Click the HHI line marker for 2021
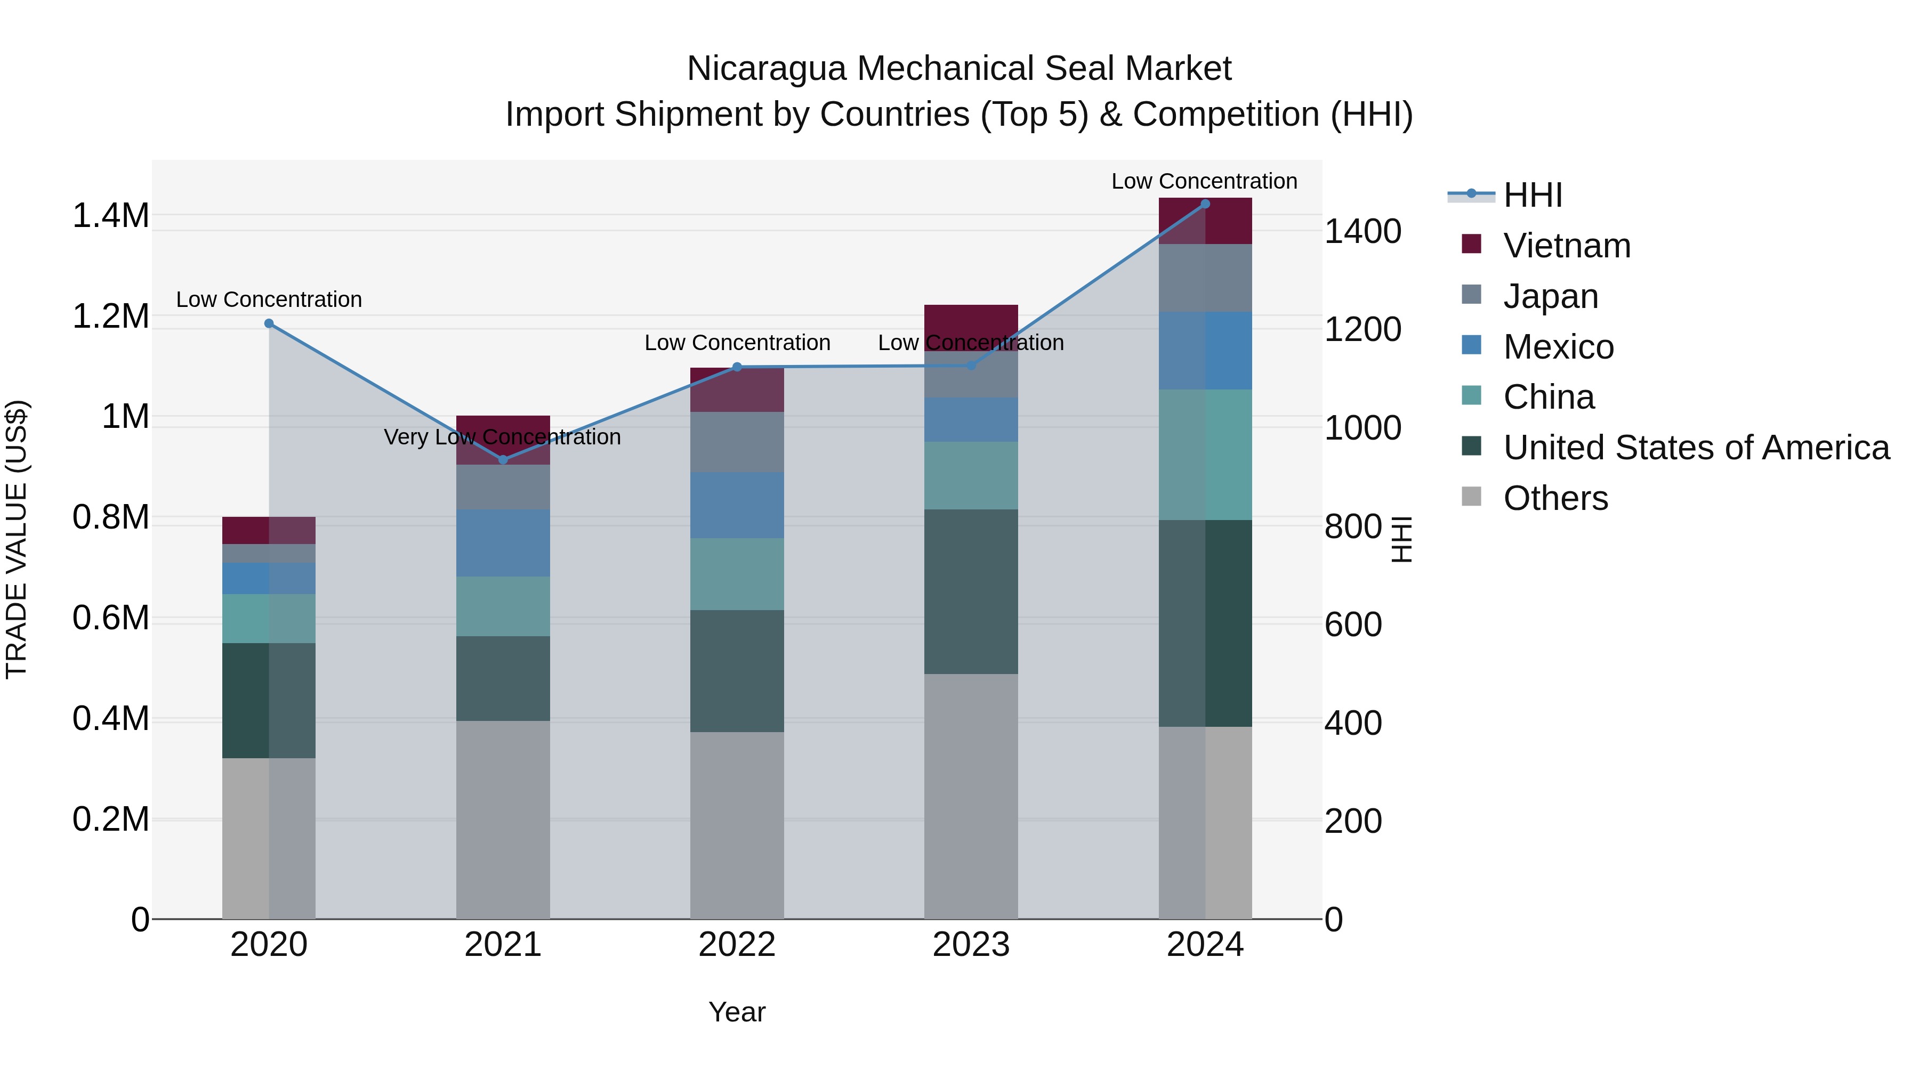tap(503, 459)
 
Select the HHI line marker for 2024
tap(1205, 204)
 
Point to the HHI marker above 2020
tap(269, 323)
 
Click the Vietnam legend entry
tap(1567, 246)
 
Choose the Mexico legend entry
tap(1559, 347)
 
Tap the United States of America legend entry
tap(1696, 448)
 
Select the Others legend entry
tap(1555, 498)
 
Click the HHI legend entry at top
tap(1533, 195)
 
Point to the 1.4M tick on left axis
tap(110, 216)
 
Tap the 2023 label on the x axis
tap(971, 945)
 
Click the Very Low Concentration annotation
tap(502, 437)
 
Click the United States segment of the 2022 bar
tap(737, 670)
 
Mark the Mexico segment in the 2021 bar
tap(503, 543)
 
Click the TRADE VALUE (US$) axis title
tap(17, 539)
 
